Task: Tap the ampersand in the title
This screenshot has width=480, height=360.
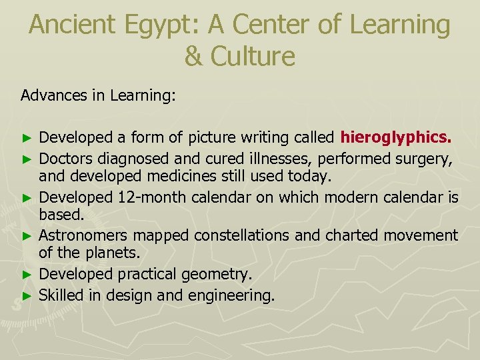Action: click(193, 56)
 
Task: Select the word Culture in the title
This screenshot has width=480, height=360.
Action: click(253, 56)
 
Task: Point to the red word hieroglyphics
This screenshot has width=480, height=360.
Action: click(396, 138)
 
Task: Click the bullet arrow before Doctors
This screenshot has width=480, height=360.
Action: click(27, 159)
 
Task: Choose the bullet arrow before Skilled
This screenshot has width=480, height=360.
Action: click(27, 295)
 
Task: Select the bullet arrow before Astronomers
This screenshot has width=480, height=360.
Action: click(27, 236)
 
